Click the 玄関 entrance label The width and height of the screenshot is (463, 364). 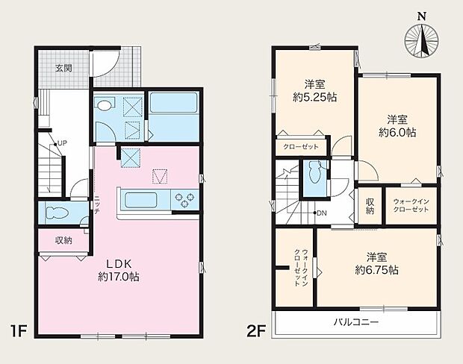point(63,69)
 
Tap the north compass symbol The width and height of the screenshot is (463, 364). point(422,38)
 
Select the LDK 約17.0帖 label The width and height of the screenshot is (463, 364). point(119,270)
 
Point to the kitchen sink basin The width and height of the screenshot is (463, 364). point(140,200)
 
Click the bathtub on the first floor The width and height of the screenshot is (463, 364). point(173,102)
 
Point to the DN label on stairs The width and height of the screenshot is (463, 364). point(322,213)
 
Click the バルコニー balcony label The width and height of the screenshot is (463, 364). point(355,321)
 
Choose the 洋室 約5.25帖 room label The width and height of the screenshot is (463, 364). point(315,91)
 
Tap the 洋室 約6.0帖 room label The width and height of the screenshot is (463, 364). point(397,126)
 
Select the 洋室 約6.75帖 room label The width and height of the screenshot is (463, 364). point(377,263)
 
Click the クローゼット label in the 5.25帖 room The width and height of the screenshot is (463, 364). point(301,147)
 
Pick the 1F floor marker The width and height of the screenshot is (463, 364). point(19,330)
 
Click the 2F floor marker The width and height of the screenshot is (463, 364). point(256,330)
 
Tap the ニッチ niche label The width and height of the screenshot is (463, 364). point(97,205)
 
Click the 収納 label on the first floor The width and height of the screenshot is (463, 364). point(63,241)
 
